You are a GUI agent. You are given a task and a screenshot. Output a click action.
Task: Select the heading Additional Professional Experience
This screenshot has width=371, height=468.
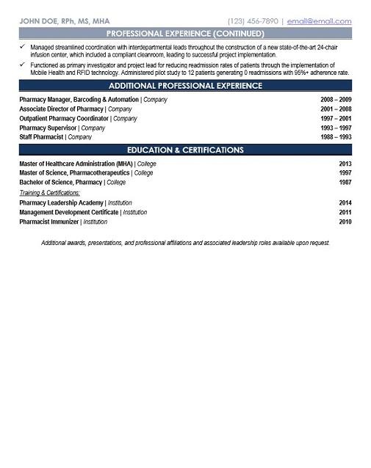[x=185, y=86]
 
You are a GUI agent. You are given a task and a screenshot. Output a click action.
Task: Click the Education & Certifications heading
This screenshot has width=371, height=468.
[x=185, y=150]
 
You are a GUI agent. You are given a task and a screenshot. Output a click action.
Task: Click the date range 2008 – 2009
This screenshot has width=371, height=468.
[x=336, y=98]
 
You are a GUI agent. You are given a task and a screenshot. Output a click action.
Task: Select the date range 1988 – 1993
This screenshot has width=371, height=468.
[x=336, y=136]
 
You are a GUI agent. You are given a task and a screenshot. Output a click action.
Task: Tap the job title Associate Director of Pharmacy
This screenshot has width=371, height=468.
[x=62, y=108]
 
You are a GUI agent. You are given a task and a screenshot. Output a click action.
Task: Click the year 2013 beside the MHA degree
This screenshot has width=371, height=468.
[x=345, y=164]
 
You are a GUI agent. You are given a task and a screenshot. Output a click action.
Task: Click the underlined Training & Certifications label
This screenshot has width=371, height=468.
[x=50, y=192]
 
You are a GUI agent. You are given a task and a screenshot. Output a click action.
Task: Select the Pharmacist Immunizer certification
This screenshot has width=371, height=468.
[x=49, y=221]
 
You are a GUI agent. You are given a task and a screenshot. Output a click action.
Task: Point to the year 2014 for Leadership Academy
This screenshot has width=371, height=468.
[x=345, y=202]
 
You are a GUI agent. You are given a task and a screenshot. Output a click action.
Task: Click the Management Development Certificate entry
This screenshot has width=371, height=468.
[x=70, y=211]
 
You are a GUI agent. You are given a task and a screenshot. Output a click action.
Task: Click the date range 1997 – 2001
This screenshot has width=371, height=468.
[x=336, y=117]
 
